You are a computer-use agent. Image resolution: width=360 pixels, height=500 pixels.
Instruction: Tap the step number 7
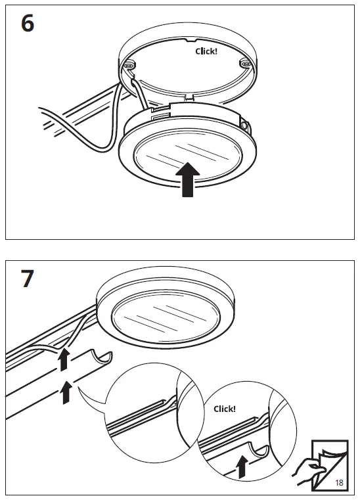(26, 279)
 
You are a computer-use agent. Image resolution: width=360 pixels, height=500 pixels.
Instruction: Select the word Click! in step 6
(206, 51)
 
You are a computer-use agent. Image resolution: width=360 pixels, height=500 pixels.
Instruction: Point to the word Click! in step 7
(225, 409)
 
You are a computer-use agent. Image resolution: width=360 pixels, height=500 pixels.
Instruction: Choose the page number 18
(339, 483)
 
